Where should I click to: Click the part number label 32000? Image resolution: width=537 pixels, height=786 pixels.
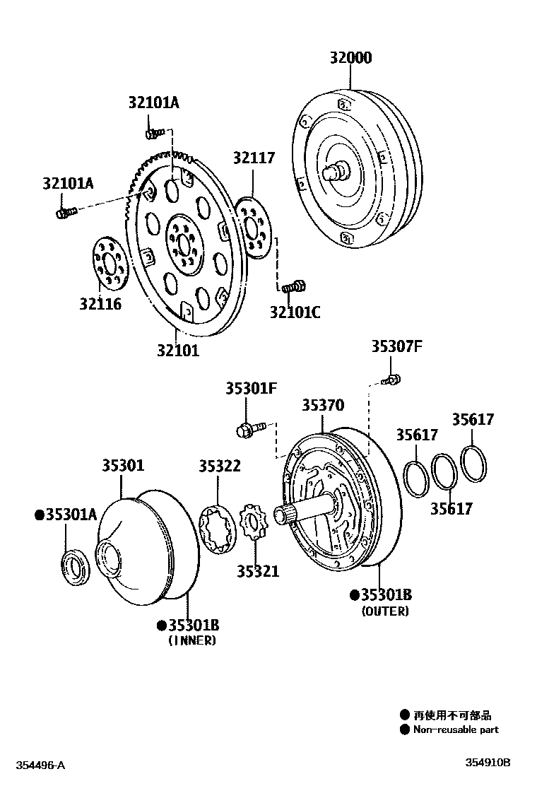point(350,58)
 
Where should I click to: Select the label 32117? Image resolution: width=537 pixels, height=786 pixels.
point(254,158)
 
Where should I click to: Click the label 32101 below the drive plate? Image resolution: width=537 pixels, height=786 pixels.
point(178,349)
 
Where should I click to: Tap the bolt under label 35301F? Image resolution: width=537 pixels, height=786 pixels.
point(249,428)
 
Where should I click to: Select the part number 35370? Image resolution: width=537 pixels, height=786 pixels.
point(323,405)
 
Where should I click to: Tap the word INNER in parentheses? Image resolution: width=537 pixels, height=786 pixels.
point(192,640)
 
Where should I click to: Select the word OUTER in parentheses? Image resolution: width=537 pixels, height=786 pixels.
point(385,611)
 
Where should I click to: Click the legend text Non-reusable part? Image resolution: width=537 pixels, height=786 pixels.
point(456,729)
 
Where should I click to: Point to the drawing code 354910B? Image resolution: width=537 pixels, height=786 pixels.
point(487,762)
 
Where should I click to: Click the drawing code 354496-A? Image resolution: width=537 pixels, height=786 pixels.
point(40,765)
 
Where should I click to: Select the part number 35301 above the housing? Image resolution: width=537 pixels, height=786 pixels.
point(122,466)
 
